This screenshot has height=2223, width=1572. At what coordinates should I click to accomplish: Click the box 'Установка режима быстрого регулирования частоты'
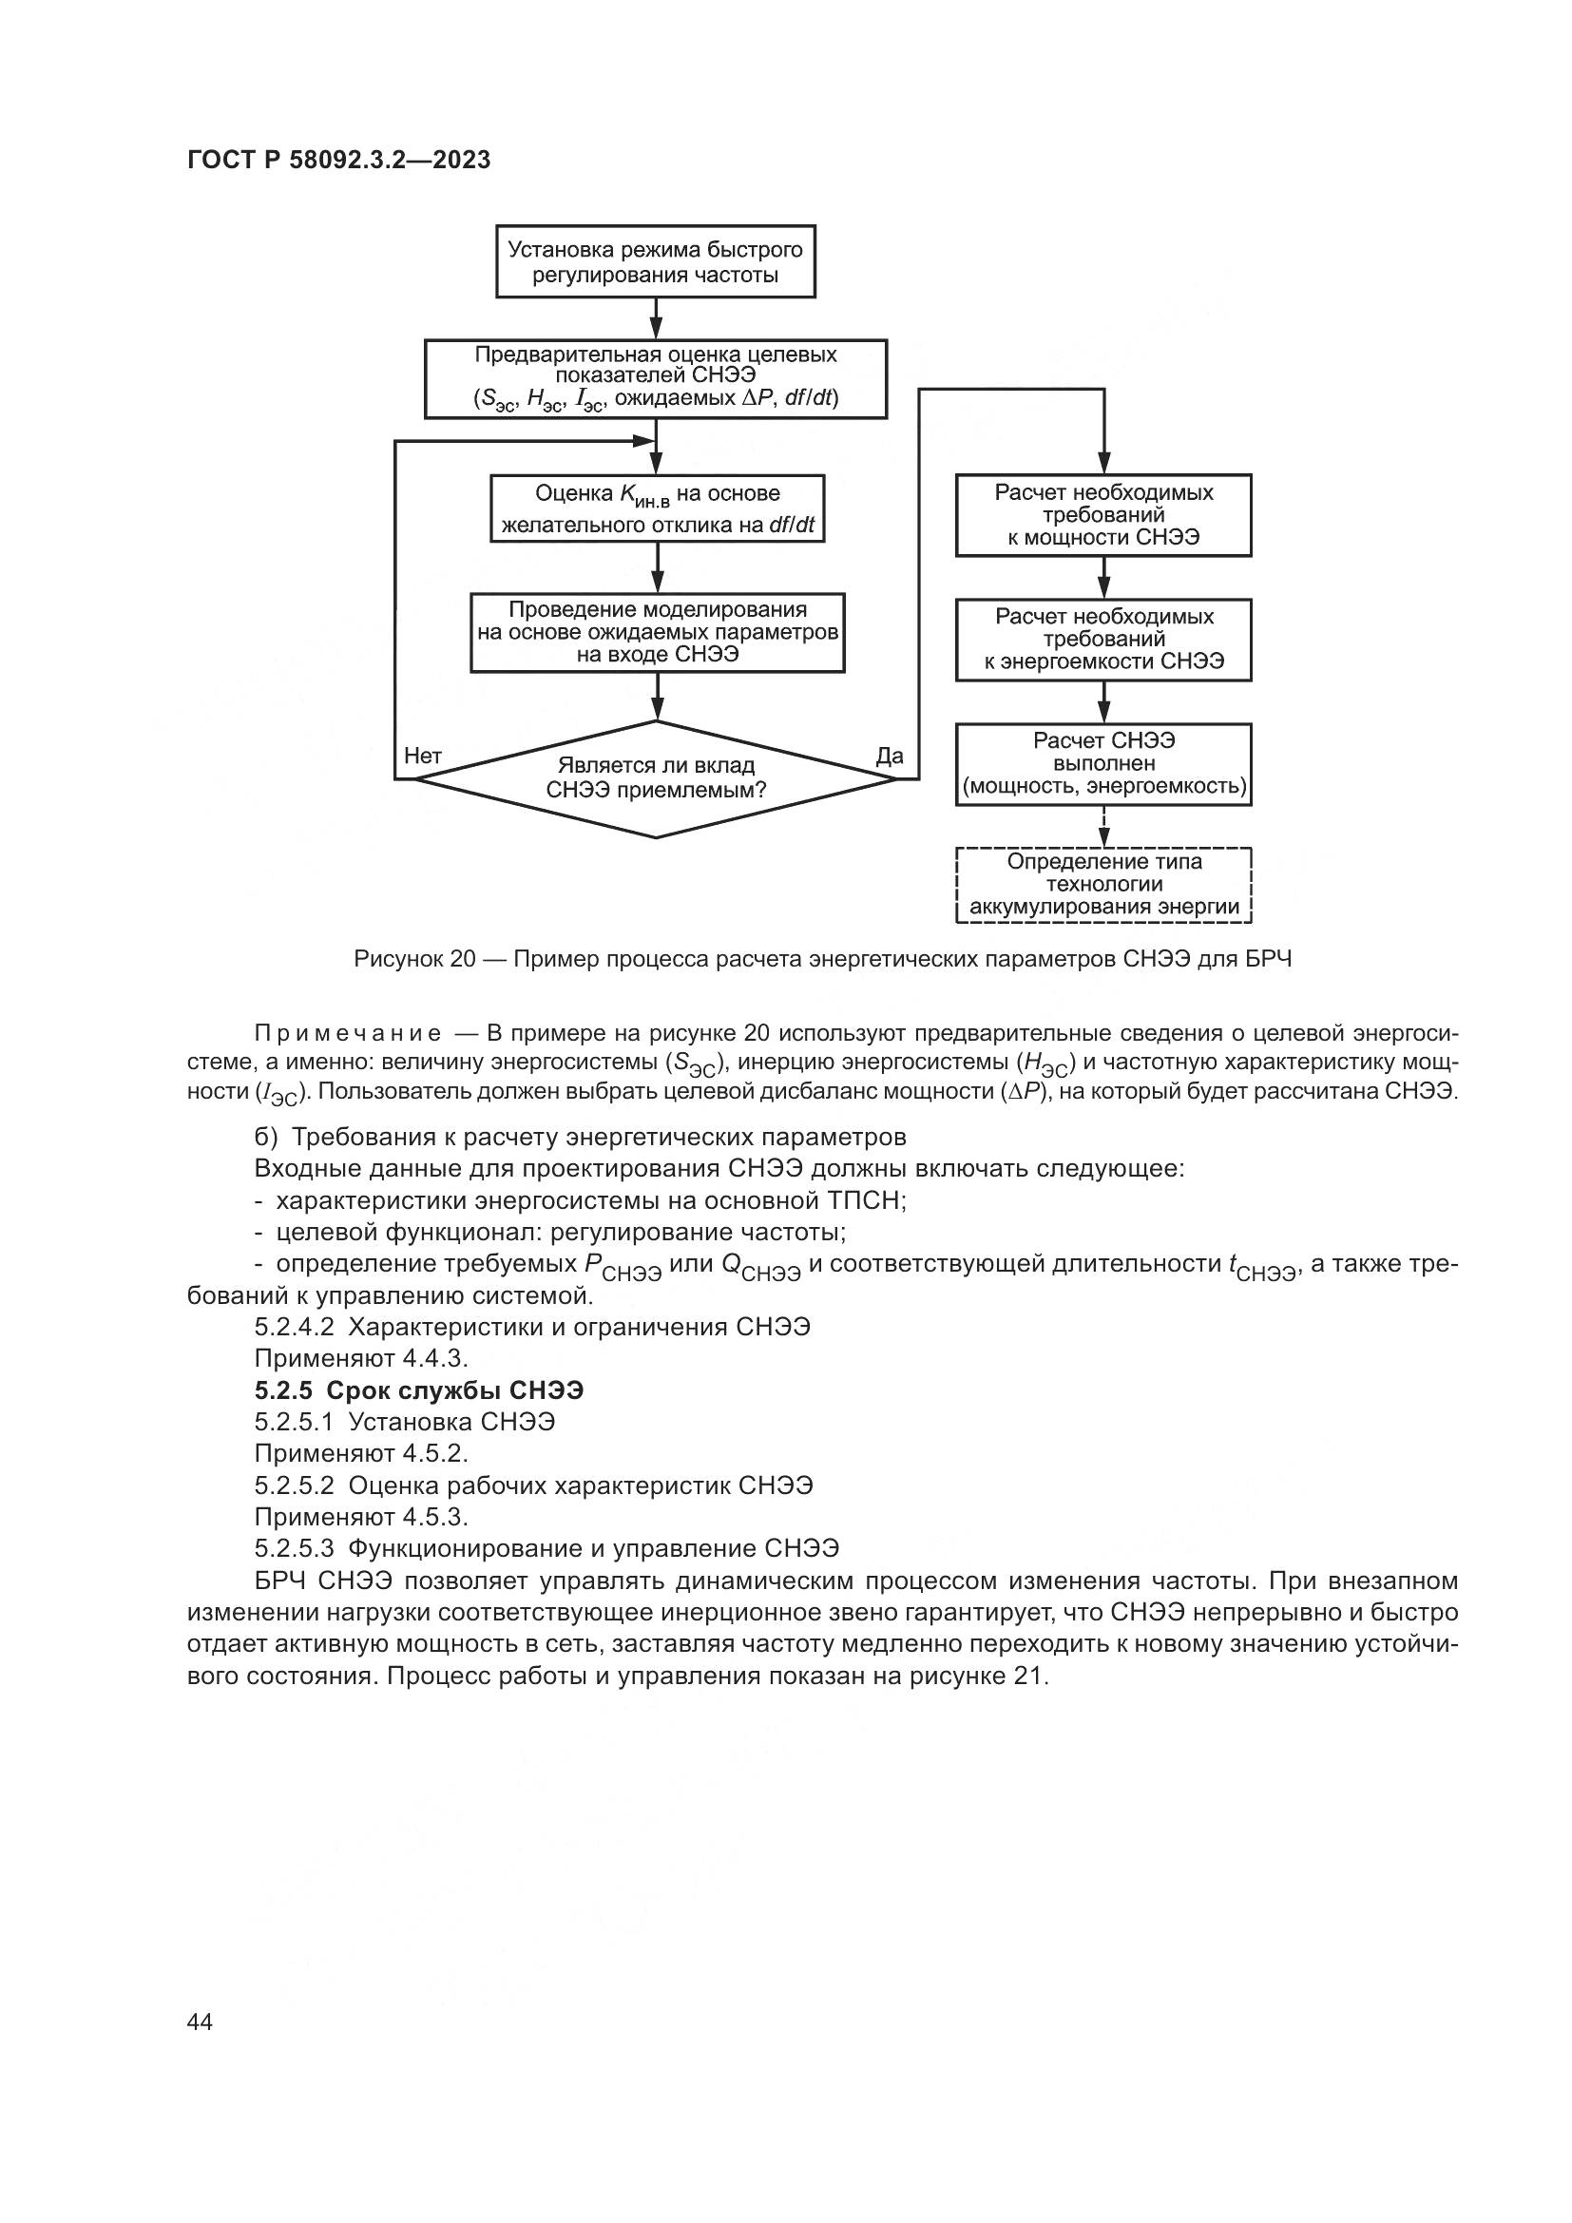[x=656, y=261]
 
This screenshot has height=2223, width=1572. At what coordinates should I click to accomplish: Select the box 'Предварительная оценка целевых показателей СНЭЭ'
[x=656, y=378]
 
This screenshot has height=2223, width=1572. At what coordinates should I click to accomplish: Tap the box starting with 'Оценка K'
[x=658, y=508]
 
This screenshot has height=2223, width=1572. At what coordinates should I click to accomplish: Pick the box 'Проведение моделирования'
[x=658, y=632]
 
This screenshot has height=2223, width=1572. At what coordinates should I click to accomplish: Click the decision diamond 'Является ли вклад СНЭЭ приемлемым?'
[x=656, y=778]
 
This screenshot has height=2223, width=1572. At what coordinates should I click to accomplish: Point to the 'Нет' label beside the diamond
[x=423, y=756]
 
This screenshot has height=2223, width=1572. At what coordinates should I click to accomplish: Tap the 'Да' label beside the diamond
[x=889, y=756]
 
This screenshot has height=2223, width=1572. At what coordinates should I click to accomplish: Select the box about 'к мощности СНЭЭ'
[x=1103, y=515]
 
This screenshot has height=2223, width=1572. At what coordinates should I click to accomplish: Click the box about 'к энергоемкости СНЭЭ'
[x=1103, y=639]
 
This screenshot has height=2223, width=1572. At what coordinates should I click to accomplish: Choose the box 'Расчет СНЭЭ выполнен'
[x=1103, y=763]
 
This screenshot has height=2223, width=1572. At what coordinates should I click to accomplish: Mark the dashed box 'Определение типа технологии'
[x=1103, y=884]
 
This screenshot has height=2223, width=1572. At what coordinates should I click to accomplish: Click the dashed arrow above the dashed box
[x=1103, y=826]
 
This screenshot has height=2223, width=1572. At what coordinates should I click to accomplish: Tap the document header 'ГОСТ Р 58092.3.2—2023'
[x=338, y=160]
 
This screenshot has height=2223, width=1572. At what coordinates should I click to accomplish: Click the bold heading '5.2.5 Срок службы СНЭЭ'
[x=419, y=1390]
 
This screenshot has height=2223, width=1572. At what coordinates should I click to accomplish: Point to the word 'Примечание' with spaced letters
[x=348, y=1033]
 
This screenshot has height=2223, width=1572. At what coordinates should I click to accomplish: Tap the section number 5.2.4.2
[x=295, y=1327]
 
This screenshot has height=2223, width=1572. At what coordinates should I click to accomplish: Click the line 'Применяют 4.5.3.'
[x=361, y=1516]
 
